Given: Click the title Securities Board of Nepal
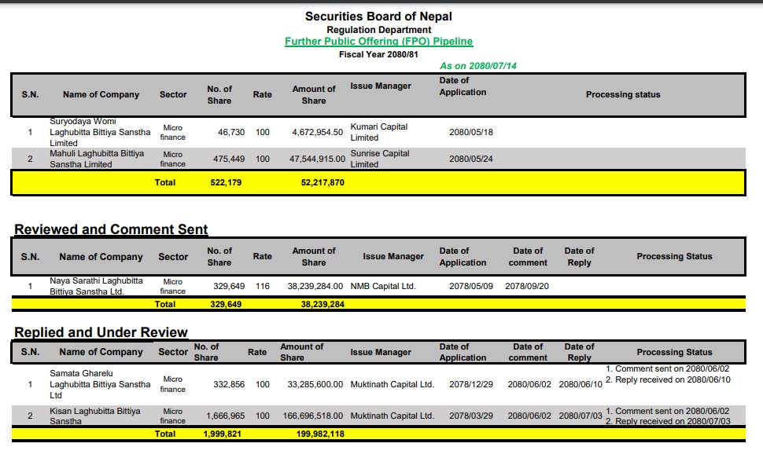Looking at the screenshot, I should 378,16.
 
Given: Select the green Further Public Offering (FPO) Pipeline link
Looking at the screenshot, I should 378,42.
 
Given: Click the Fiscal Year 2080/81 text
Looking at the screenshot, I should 378,55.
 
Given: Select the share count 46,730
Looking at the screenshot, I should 230,133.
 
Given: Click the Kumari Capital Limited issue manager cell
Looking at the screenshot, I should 378,132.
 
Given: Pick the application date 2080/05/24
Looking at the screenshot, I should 470,159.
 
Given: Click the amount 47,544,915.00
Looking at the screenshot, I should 317,159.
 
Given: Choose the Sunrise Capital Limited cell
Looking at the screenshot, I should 379,159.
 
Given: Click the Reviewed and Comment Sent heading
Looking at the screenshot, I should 111,229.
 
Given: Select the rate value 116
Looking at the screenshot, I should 262,286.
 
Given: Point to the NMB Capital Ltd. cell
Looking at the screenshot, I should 383,286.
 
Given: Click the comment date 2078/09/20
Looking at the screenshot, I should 527,286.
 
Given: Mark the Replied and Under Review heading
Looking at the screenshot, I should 101,332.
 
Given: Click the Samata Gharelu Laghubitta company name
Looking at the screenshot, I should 99,384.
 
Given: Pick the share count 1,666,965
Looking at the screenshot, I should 225,416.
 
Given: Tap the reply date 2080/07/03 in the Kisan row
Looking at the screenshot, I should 580,416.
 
